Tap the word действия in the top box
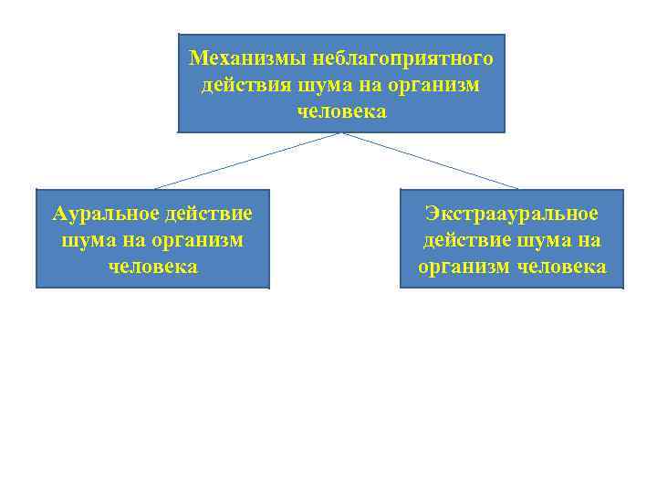click(245, 86)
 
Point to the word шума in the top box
click(323, 86)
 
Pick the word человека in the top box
click(341, 112)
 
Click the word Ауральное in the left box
click(106, 215)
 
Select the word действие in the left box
click(209, 215)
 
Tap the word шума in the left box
click(85, 241)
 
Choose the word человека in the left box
click(152, 267)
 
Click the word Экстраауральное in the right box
click(512, 215)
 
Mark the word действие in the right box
click(464, 241)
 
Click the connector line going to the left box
click(248, 161)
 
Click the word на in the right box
click(589, 241)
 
